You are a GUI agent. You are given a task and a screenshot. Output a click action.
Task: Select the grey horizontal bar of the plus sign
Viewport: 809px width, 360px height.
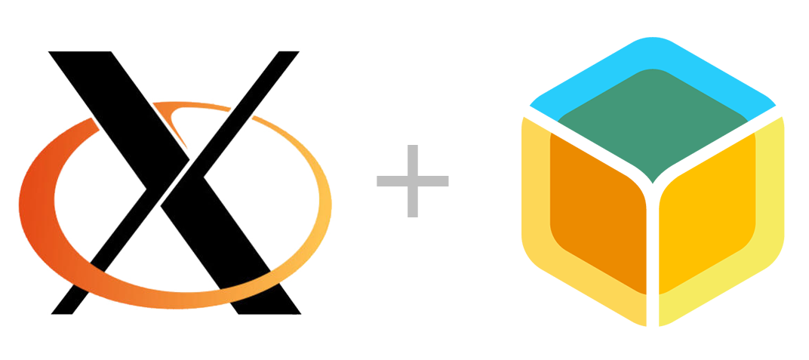[x=413, y=181]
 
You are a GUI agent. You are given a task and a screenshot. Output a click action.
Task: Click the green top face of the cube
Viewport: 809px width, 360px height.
[x=653, y=125]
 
